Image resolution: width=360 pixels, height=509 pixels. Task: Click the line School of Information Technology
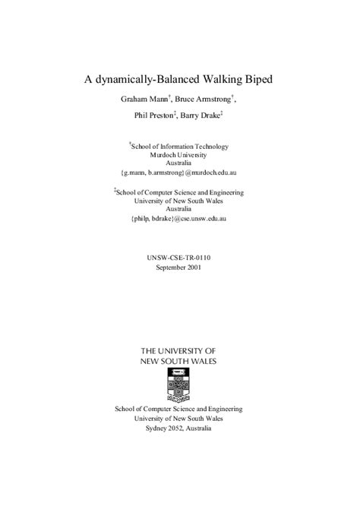click(x=180, y=146)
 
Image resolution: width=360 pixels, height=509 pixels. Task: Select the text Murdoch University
click(x=178, y=154)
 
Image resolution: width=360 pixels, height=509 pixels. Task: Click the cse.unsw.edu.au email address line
click(x=178, y=218)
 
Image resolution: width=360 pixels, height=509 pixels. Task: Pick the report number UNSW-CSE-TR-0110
click(x=178, y=258)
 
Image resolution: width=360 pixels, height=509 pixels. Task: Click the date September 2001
click(x=178, y=267)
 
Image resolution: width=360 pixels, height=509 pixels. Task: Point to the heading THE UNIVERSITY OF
click(x=178, y=351)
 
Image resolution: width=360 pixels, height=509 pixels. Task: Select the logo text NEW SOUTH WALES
click(x=178, y=361)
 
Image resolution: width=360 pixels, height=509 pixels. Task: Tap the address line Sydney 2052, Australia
click(x=179, y=428)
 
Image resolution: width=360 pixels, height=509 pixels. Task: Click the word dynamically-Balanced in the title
click(x=142, y=78)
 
